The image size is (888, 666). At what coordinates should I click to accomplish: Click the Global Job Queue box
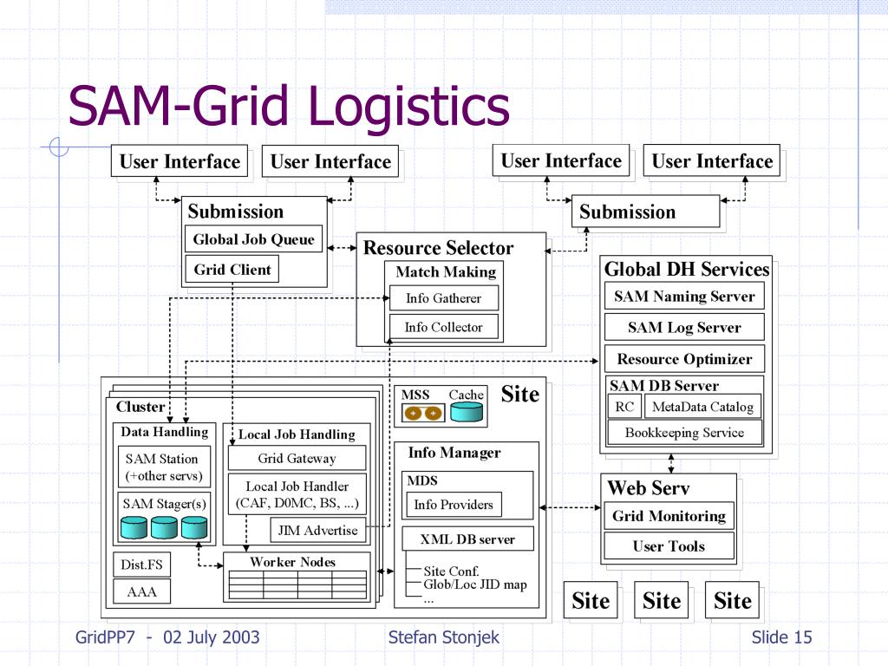point(254,239)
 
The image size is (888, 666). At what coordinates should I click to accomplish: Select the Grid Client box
point(232,269)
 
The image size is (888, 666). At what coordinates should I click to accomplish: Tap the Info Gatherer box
point(444,298)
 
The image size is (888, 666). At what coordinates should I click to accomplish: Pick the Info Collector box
point(444,327)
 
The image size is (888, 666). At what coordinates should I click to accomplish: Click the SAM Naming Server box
point(684,297)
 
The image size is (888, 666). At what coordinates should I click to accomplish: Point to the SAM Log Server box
point(684,327)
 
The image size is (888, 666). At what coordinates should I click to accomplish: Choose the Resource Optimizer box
point(684,358)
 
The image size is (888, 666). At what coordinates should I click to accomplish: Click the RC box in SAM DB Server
point(624,406)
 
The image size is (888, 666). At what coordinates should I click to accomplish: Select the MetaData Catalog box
point(702,406)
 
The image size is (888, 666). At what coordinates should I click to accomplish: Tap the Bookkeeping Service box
point(685,432)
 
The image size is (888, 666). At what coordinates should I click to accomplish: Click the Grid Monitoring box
point(669,516)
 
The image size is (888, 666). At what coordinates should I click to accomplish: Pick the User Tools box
point(669,546)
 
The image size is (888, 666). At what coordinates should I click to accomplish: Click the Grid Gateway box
point(297,458)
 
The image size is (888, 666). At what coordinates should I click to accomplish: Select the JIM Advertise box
point(317,530)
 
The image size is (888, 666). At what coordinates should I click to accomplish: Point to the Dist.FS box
point(141,564)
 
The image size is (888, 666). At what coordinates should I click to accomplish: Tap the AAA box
point(141,591)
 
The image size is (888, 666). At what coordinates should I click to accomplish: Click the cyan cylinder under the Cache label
point(467,412)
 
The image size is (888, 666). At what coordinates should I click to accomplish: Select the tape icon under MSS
point(423,413)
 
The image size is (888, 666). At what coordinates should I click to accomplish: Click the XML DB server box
point(467,539)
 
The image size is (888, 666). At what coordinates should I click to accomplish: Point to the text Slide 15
point(781,637)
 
